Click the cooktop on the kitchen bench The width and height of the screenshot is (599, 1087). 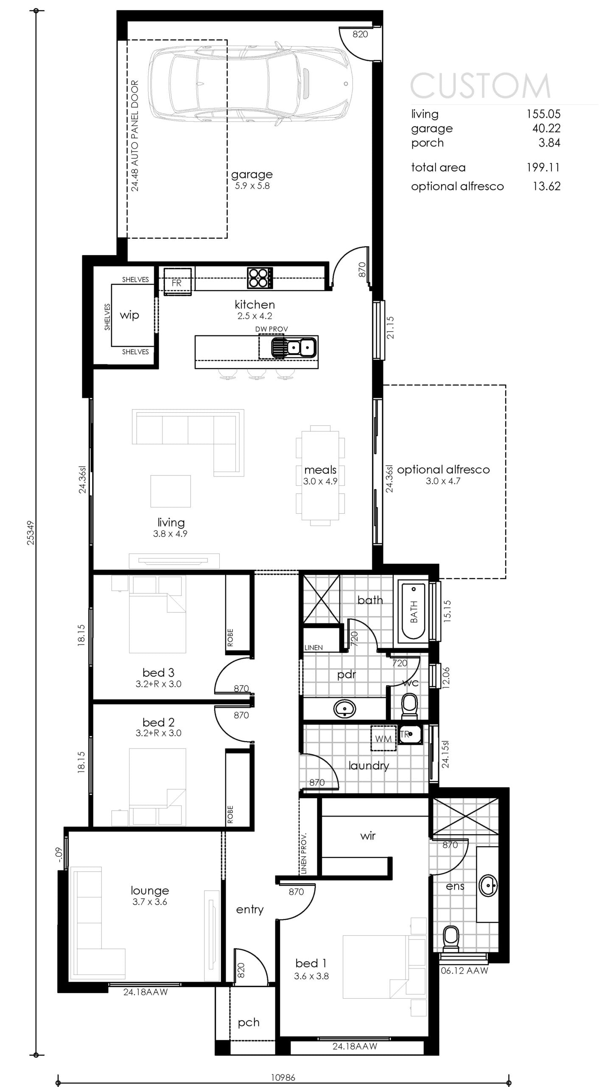[x=260, y=278]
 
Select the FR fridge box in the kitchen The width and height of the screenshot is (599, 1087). [x=177, y=281]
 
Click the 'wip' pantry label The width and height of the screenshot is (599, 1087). [x=129, y=315]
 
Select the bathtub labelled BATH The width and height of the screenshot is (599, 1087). [x=413, y=611]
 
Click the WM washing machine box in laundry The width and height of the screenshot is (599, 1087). [x=383, y=739]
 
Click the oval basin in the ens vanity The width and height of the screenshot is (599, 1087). [x=488, y=886]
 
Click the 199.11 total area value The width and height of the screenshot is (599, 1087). [x=543, y=167]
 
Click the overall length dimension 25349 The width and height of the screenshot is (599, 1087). [x=31, y=533]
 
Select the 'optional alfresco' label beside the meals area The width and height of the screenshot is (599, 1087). [x=443, y=470]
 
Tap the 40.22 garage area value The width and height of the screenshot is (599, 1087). [x=546, y=128]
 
